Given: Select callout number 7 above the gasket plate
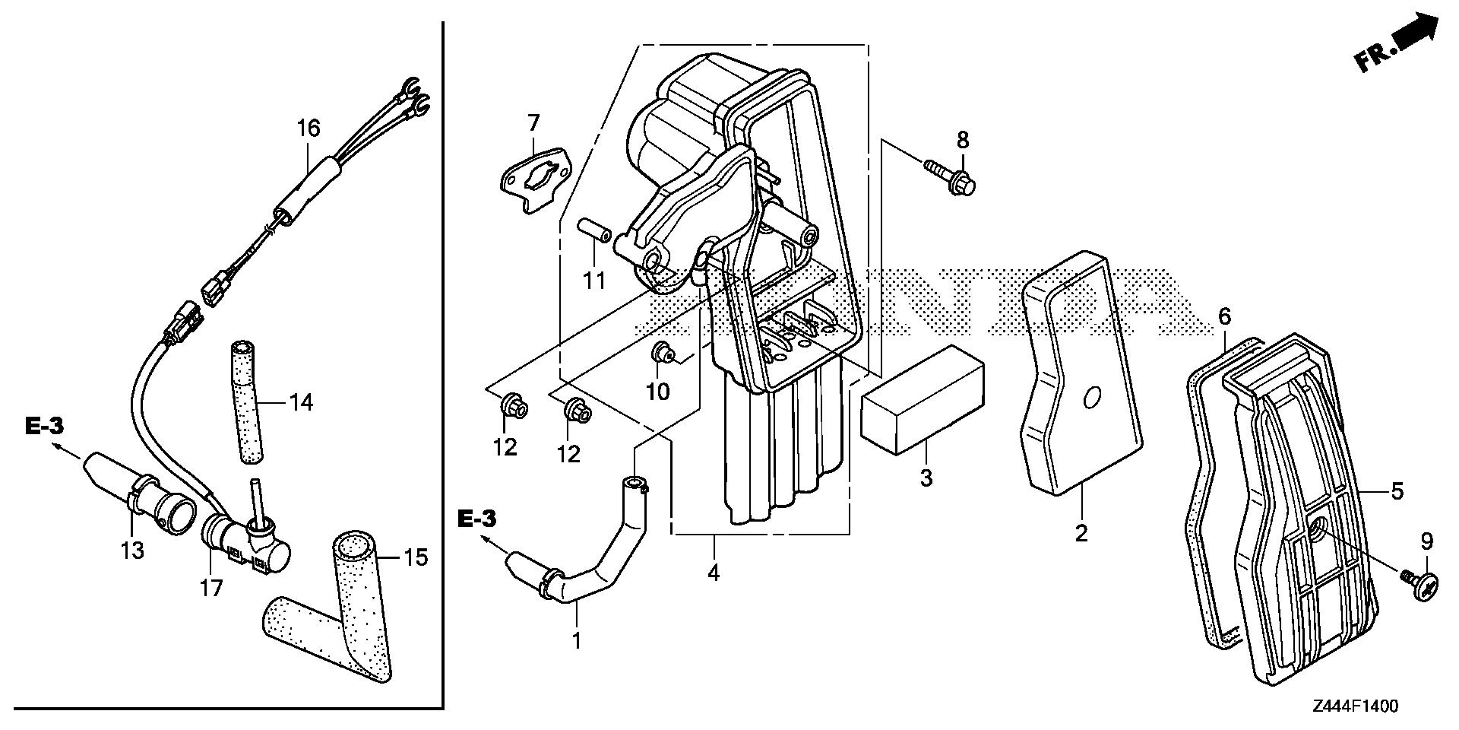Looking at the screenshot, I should pos(533,122).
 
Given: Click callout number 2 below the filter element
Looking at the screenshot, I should pos(1081,533).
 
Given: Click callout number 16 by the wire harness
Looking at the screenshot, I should pos(309,129).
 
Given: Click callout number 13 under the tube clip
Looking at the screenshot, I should pos(133,550).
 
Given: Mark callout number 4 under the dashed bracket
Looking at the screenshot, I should pos(713,572).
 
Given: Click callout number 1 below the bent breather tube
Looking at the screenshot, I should pos(576,640).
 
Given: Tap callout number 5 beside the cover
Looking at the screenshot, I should pos(1396,491).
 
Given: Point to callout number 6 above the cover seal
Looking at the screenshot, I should pos(1223,317).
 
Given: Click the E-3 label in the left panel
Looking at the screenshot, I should pos(44,427).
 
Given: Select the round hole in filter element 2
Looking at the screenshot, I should pos(1092,398).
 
